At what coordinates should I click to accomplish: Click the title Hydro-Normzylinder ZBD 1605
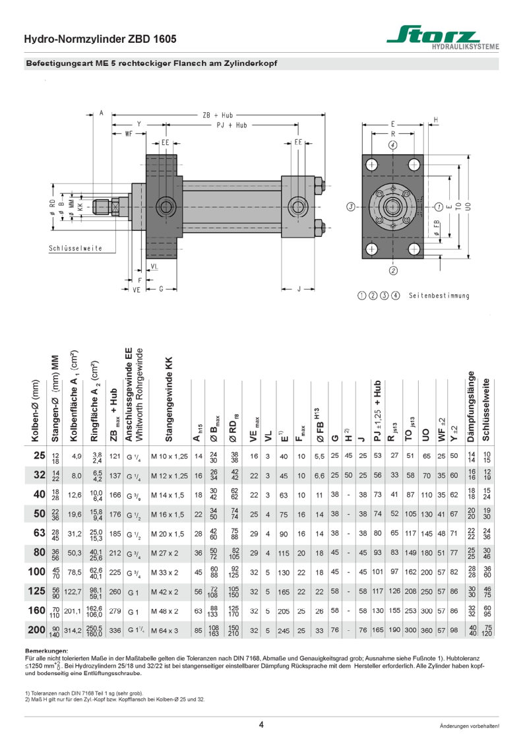click(x=100, y=40)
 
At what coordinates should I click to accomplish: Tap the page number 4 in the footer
click(x=261, y=725)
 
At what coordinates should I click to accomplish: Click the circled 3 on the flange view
click(x=352, y=207)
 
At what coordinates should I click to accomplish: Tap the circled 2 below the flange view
click(x=393, y=270)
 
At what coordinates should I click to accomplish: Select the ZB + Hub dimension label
click(x=218, y=114)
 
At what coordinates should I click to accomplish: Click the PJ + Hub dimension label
click(x=232, y=125)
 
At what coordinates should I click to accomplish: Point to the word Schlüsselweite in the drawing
click(x=75, y=248)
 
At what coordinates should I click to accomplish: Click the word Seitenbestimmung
click(x=439, y=296)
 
